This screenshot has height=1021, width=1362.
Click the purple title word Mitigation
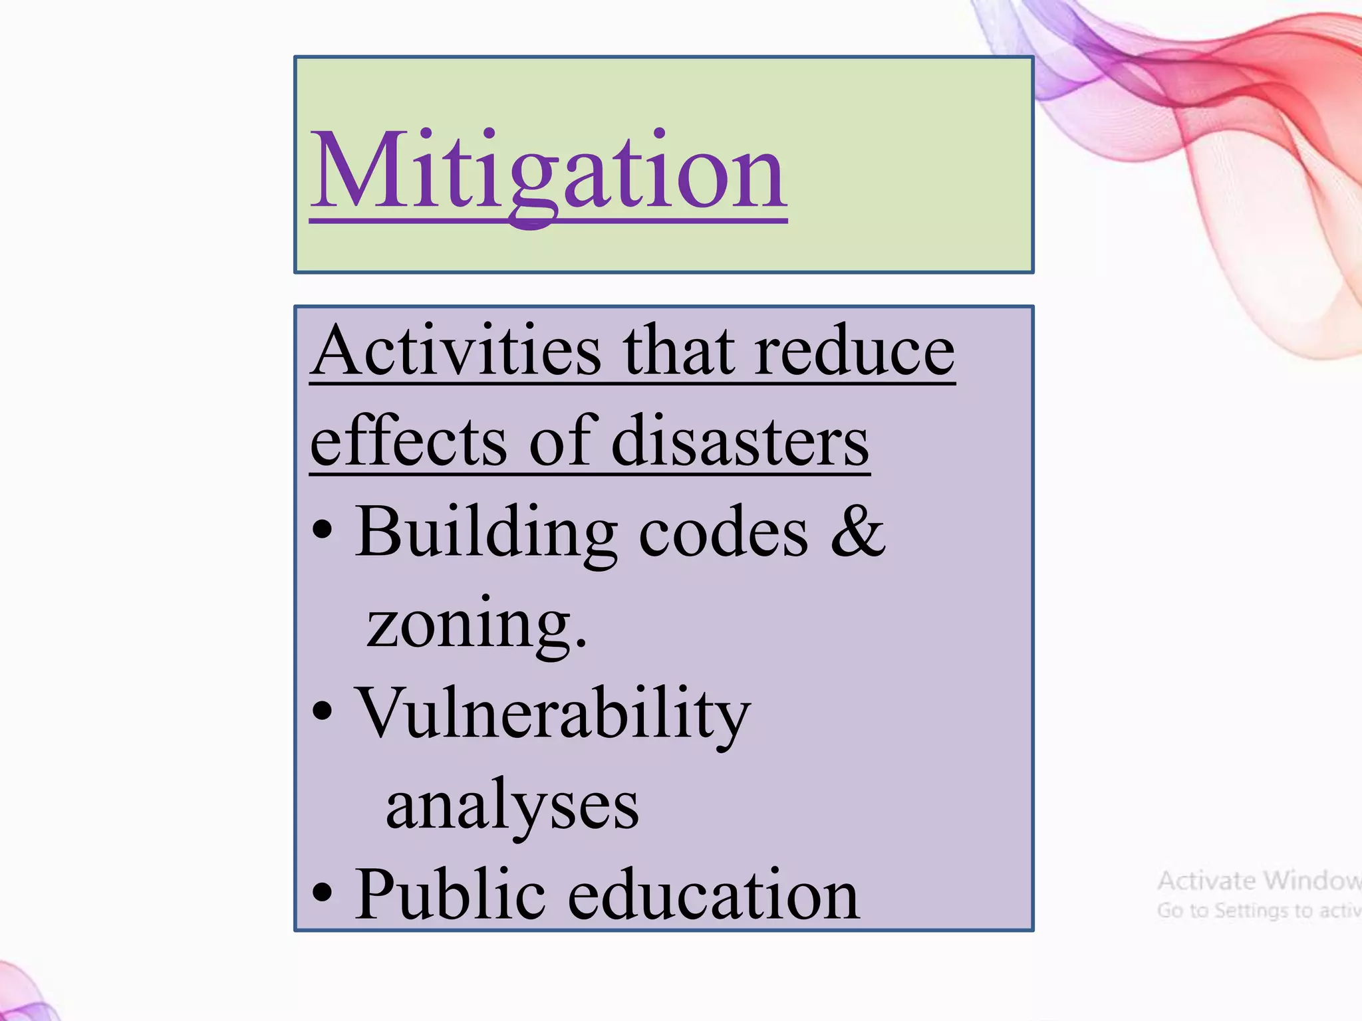point(549,171)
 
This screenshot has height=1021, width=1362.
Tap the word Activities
point(458,351)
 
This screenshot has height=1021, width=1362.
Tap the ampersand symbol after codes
point(858,532)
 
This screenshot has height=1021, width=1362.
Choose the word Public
point(450,895)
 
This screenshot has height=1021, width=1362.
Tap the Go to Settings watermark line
point(1259,910)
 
